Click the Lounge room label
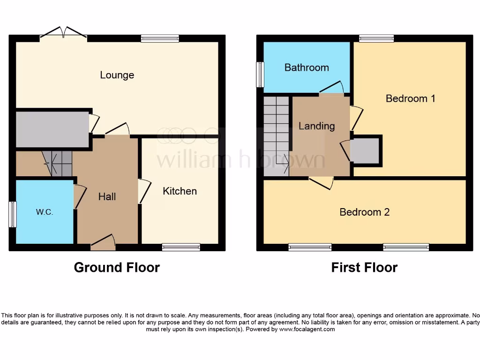point(117,75)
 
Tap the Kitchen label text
point(180,191)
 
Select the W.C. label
point(45,212)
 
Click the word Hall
point(107,197)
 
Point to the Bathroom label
point(307,67)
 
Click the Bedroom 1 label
point(410,98)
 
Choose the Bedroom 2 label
point(364,212)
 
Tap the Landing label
point(317,126)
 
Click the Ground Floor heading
point(117,268)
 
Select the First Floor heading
point(364,268)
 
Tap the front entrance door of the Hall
point(104,241)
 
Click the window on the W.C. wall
point(13,214)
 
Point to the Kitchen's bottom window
point(181,247)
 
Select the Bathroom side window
point(260,74)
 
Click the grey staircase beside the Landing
point(276,136)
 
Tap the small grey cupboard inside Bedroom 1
point(365,151)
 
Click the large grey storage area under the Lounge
point(52,129)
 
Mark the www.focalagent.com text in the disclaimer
point(307,329)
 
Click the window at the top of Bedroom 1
point(376,38)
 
